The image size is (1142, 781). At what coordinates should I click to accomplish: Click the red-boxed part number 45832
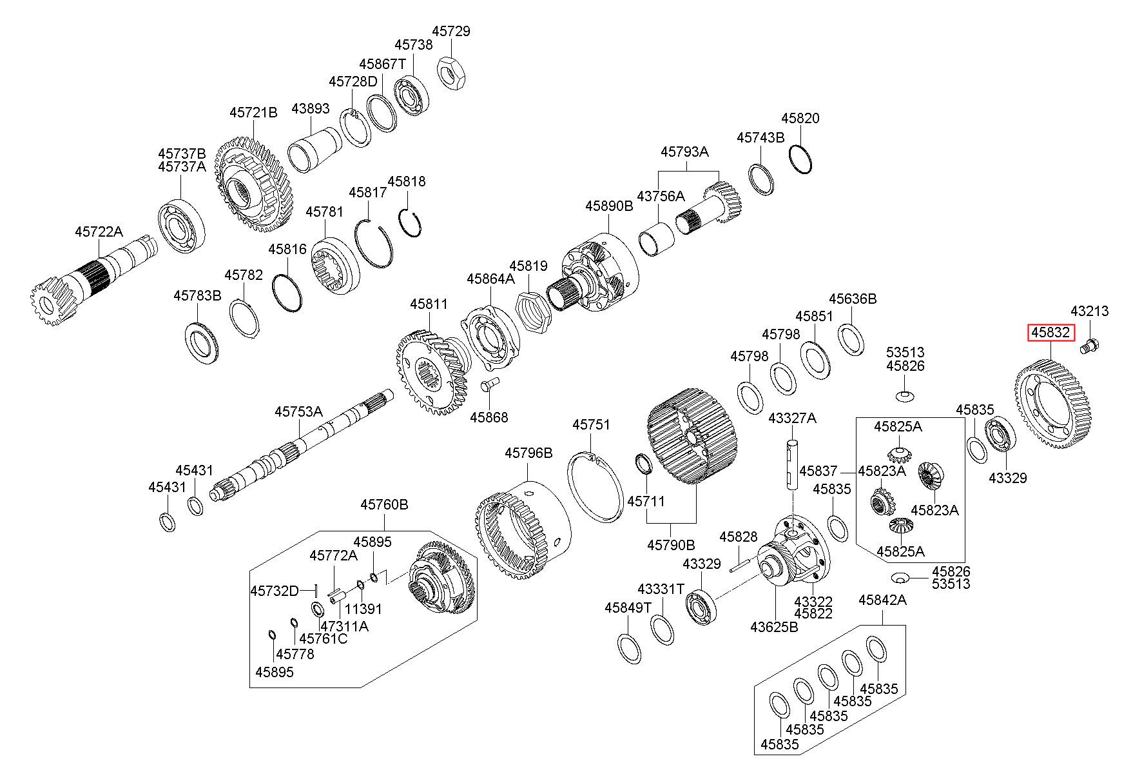(x=1051, y=333)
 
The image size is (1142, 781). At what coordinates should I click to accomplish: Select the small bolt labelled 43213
(x=1089, y=345)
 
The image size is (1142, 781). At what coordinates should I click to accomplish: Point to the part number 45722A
(x=99, y=231)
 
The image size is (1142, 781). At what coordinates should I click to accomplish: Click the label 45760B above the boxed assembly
(x=384, y=504)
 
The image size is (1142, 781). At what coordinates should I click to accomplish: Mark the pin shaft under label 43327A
(x=792, y=465)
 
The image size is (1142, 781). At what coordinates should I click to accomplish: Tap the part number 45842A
(x=882, y=600)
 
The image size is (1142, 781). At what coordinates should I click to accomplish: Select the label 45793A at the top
(x=684, y=152)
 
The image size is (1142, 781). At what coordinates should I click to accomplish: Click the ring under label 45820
(x=800, y=158)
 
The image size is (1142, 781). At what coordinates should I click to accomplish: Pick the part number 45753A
(x=298, y=411)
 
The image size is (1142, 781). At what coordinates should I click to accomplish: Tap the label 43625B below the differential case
(x=774, y=626)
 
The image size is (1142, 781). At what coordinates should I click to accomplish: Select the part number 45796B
(x=528, y=453)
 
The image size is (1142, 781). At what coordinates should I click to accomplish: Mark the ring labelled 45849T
(x=630, y=649)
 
